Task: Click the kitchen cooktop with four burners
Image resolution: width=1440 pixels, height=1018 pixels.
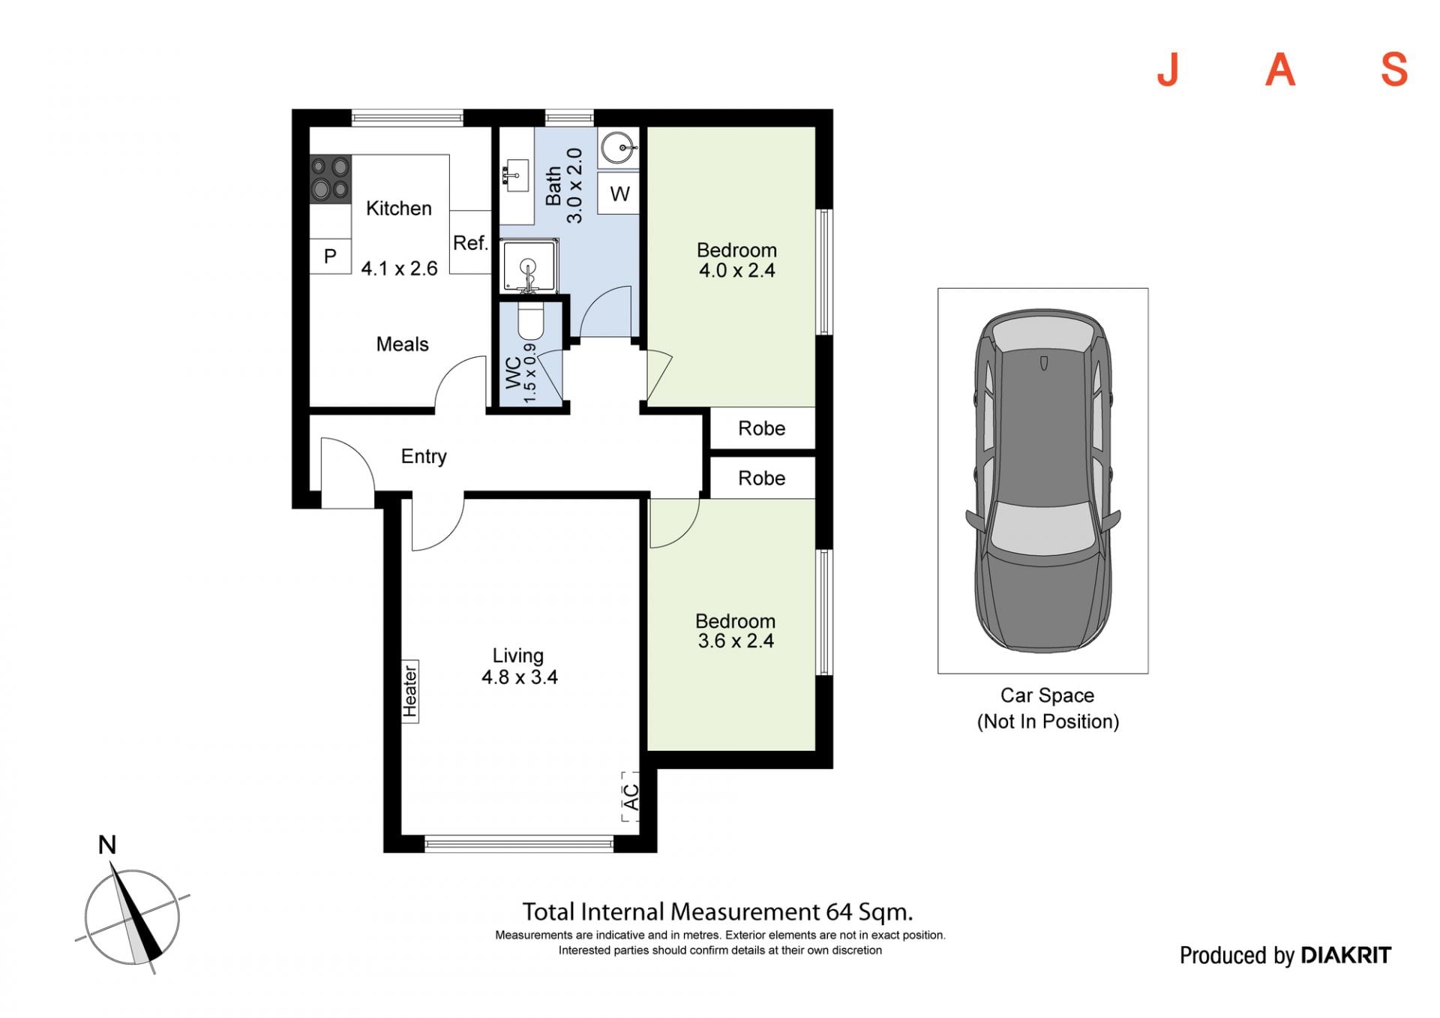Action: [331, 179]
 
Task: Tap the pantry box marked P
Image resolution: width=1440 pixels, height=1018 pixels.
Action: [331, 257]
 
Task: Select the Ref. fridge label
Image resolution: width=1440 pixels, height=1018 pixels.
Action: [470, 243]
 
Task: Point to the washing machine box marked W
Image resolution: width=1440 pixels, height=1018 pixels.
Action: [619, 194]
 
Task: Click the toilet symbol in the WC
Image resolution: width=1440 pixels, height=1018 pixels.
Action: [530, 322]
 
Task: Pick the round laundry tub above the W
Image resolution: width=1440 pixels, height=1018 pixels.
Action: [619, 148]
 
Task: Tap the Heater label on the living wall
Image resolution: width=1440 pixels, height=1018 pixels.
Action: [409, 691]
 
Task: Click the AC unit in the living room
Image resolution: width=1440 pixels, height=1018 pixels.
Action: [631, 797]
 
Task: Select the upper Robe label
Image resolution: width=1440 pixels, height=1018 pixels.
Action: [761, 428]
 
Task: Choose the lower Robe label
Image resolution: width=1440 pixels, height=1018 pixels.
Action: [761, 479]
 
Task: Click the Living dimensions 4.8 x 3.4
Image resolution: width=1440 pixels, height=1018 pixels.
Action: [519, 677]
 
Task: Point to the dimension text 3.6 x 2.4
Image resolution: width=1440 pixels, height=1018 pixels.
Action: [736, 641]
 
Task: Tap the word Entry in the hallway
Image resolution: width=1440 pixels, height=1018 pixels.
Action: [424, 457]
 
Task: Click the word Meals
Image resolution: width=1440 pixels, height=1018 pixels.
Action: [402, 344]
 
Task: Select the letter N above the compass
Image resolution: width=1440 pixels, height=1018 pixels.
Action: [107, 845]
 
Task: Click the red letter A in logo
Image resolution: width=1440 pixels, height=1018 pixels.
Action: [1280, 71]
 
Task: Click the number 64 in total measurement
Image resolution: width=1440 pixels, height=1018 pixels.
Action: [839, 912]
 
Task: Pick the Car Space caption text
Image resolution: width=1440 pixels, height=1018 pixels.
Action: [1048, 708]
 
